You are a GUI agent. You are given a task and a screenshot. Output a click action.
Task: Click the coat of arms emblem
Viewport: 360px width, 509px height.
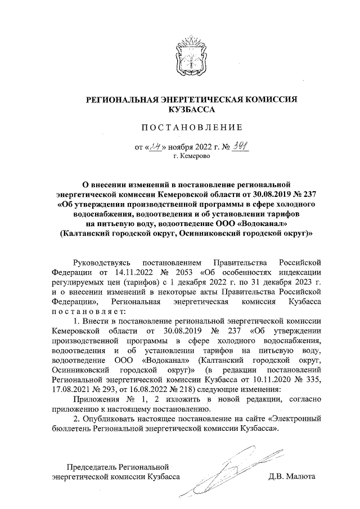190,56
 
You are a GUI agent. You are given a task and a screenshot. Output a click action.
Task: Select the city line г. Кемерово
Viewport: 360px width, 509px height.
190,156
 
